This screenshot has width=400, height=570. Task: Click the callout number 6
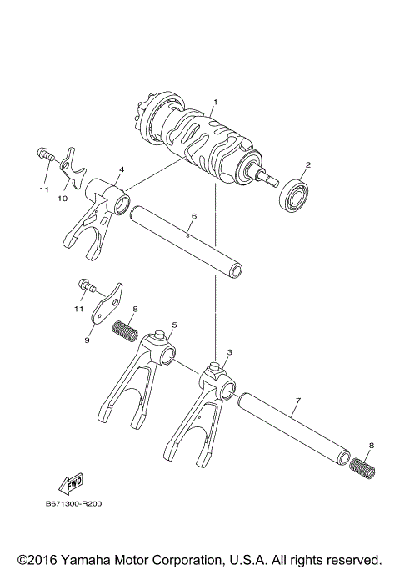pos(193,216)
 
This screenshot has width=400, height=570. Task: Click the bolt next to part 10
pos(45,155)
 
